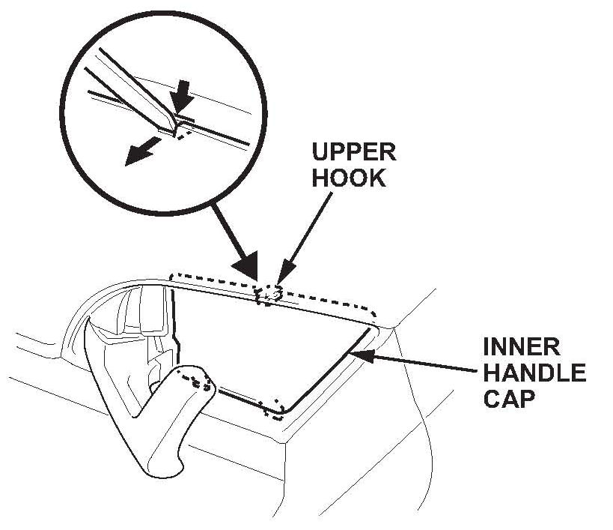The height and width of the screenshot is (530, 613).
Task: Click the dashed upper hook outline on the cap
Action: (268, 296)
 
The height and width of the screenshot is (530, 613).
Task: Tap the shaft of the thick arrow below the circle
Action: (228, 239)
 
